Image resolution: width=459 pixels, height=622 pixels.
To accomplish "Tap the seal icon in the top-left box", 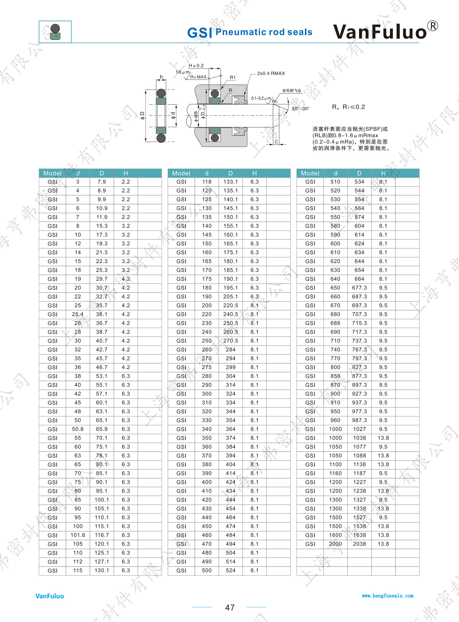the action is pos(55,32).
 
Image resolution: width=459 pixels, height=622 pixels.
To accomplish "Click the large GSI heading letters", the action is pos(200,33).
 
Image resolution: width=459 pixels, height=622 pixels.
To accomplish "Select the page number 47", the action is pos(229,608).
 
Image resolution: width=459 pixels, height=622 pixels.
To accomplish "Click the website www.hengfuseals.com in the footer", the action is pos(387,596).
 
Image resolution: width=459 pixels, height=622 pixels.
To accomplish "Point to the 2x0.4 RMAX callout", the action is pos(271,73).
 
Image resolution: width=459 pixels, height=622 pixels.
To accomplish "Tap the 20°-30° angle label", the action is pos(300,109).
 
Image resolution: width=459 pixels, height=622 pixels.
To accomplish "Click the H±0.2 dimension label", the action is pos(196,66).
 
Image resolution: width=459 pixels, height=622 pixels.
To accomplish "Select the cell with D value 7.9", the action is pos(102,182).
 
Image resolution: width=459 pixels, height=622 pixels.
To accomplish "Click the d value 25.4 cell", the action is pos(78,314).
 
